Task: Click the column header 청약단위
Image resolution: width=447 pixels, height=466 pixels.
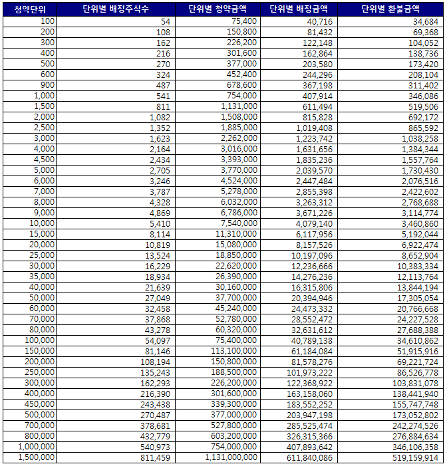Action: pyautogui.click(x=29, y=9)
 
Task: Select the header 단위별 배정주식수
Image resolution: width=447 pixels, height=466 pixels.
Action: pyautogui.click(x=116, y=9)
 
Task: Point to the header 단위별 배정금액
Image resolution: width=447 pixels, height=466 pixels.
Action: pyautogui.click(x=299, y=9)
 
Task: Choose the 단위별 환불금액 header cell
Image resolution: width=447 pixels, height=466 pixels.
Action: pyautogui.click(x=390, y=9)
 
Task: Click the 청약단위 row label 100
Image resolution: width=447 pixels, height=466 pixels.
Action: pyautogui.click(x=47, y=21)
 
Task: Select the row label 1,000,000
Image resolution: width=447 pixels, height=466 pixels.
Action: pyautogui.click(x=36, y=447)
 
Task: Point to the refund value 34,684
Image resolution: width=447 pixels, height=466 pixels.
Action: pyautogui.click(x=425, y=21)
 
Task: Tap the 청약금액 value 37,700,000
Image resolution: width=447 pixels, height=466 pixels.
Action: pyautogui.click(x=236, y=298)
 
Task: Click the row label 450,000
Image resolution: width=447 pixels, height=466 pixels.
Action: pyautogui.click(x=40, y=405)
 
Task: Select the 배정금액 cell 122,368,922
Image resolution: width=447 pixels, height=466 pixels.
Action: pyautogui.click(x=307, y=384)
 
